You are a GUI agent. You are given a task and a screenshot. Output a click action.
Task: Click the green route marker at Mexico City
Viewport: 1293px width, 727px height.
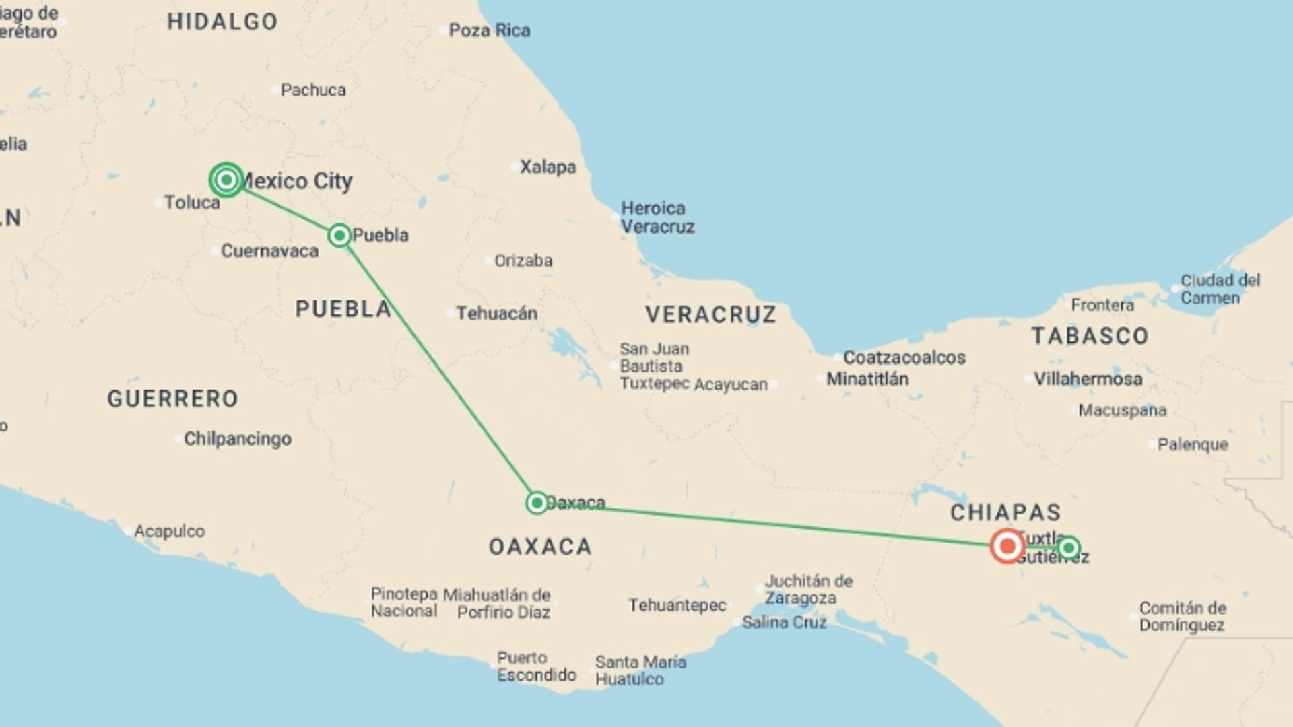coord(226,180)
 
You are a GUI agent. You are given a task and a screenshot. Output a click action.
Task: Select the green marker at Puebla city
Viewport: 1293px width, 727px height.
coord(339,235)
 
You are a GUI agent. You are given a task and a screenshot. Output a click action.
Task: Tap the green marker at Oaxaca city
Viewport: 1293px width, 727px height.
coord(537,503)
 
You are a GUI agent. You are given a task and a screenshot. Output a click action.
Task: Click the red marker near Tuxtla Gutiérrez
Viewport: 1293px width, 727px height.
coord(1007,546)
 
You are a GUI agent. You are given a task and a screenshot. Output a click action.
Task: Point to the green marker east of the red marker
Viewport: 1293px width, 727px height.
coord(1069,548)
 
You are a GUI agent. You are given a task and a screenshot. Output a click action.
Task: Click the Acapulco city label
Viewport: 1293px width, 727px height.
coord(169,531)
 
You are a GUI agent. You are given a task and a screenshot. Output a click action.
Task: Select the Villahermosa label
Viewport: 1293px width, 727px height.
coord(1088,379)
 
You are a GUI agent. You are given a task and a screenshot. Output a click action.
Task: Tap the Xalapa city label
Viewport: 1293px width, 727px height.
coord(548,167)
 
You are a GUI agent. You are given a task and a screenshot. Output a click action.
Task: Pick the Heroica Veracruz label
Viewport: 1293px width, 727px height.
coord(657,217)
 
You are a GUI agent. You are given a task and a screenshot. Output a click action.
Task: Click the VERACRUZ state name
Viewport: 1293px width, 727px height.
coord(710,314)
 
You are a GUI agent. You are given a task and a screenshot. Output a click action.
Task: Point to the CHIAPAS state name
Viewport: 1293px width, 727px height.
coord(1005,512)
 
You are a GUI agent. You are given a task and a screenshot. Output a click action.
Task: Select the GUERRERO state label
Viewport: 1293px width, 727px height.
coord(172,399)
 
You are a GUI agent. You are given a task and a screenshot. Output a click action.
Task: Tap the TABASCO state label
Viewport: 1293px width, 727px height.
coord(1090,336)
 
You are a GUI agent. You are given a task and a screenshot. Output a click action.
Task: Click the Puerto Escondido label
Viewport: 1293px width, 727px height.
coord(536,666)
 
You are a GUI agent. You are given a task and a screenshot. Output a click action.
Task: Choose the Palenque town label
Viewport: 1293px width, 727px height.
coord(1192,444)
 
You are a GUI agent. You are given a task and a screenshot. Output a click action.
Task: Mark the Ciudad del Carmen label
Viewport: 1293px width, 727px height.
coord(1220,289)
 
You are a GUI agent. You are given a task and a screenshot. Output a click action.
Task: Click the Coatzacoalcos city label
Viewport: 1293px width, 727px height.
coord(904,357)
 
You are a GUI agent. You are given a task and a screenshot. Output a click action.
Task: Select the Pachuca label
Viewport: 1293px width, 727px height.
coord(313,90)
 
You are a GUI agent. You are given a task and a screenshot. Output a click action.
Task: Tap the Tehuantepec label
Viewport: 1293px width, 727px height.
coord(677,605)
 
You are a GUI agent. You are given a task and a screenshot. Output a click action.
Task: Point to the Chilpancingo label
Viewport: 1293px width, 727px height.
coord(237,439)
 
